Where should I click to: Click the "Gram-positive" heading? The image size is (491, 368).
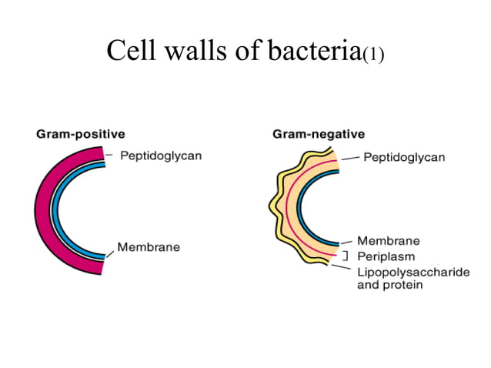coord(81,134)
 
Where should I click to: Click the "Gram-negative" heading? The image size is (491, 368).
coord(319,134)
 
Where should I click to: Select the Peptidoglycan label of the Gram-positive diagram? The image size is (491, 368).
coord(159,156)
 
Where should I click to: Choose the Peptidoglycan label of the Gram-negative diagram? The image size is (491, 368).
coord(404,157)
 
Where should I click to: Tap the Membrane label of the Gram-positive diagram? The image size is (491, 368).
coord(149,247)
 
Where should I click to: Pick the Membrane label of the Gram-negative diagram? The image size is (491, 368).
coord(388,241)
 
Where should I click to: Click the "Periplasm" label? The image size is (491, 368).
coord(388,256)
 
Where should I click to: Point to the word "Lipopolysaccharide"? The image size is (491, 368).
coord(413,272)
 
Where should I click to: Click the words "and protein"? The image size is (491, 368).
coord(389,285)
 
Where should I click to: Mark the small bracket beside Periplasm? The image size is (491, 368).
coord(346,256)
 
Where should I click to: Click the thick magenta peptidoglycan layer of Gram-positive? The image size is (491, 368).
coord(43,209)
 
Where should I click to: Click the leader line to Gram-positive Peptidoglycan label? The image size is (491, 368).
coord(109,156)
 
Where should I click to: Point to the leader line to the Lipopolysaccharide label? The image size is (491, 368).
coord(342,267)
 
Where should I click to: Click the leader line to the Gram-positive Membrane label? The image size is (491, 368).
coord(111,253)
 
